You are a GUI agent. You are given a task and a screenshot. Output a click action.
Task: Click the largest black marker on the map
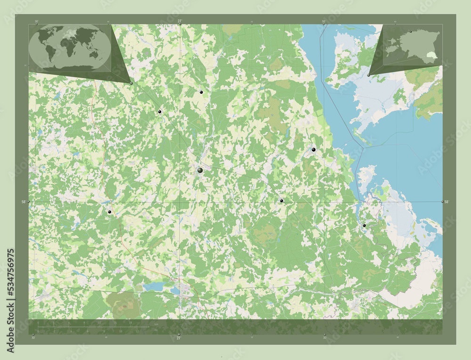click(x=200, y=170)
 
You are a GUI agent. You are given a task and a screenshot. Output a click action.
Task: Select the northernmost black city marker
click(x=201, y=92)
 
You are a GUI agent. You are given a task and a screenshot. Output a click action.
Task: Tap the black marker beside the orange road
click(x=110, y=212)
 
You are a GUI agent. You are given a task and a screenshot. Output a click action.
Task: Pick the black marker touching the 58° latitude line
click(x=281, y=201)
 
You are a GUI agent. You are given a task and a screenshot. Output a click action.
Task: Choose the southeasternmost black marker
click(x=364, y=226)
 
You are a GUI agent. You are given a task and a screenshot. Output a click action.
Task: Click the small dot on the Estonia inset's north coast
click(x=411, y=32)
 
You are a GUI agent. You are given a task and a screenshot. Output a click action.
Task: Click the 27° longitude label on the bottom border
click(x=179, y=337)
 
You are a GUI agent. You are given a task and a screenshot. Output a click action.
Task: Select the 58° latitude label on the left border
click(x=23, y=202)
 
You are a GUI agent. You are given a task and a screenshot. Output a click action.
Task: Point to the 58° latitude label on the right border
click(x=447, y=201)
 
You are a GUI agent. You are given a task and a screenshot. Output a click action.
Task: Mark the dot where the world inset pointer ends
click(x=131, y=83)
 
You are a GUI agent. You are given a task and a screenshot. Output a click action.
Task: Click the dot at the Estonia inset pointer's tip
click(x=368, y=75)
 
